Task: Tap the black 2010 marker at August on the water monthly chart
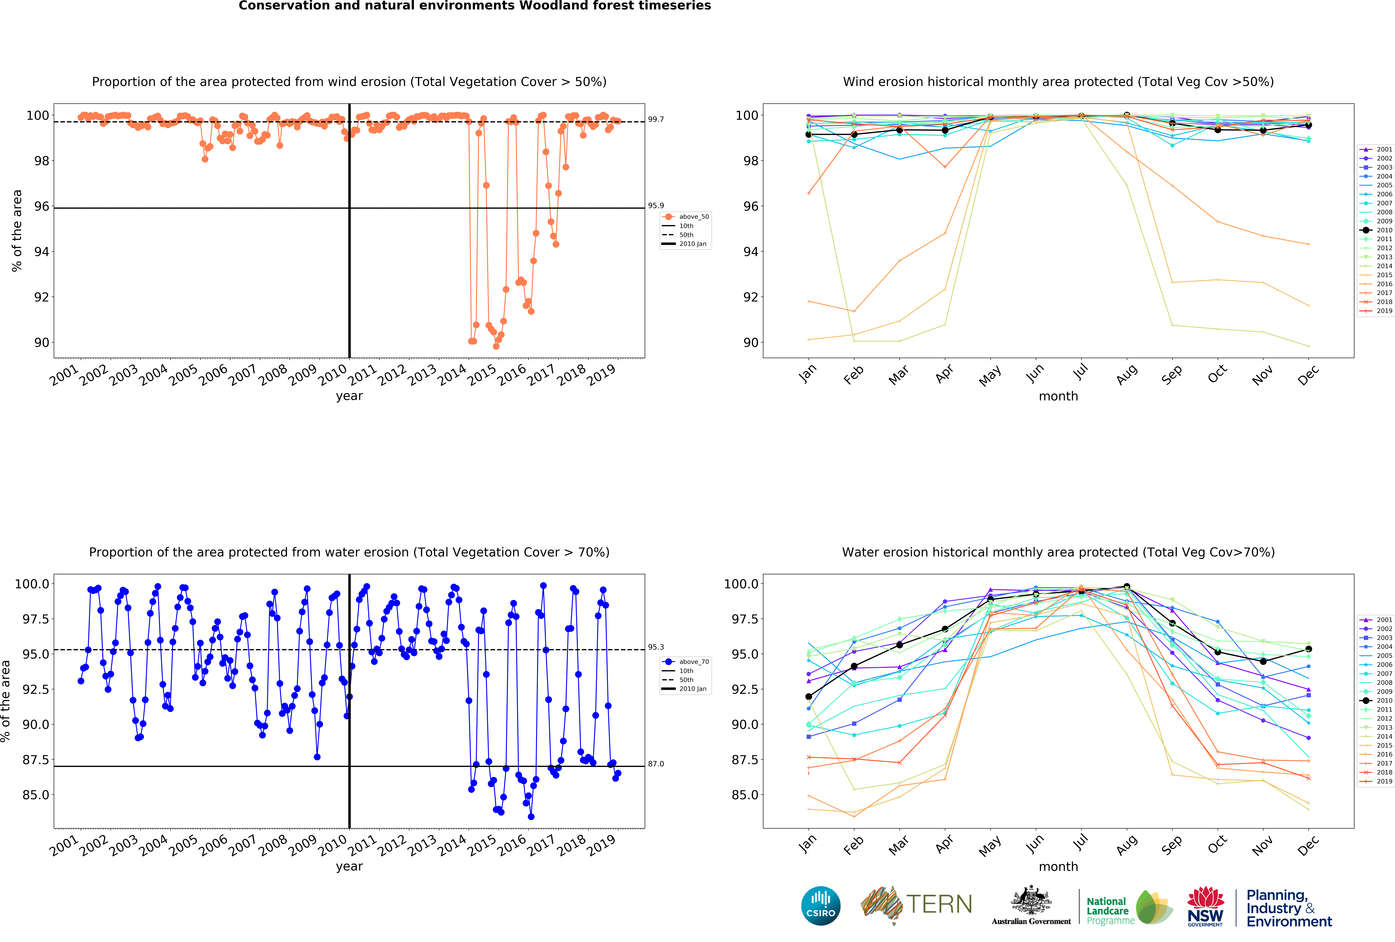point(1127,587)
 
